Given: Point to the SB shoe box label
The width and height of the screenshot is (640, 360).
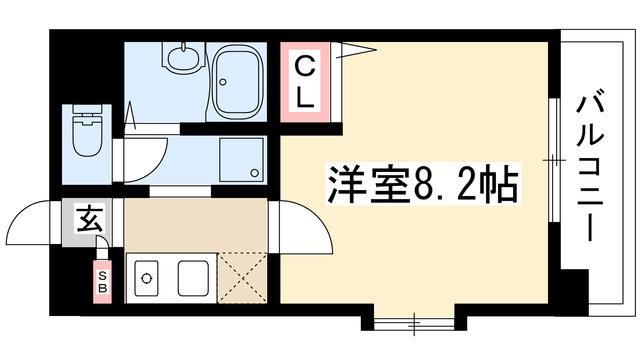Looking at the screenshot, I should [x=103, y=277].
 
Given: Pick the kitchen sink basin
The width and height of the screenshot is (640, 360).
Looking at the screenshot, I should [x=192, y=274].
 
